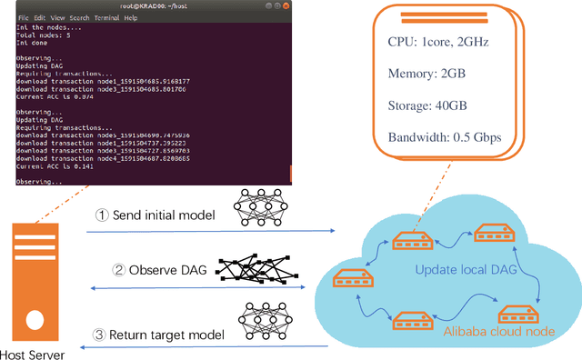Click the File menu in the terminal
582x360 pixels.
(x=23, y=16)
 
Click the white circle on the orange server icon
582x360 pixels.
(x=34, y=321)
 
